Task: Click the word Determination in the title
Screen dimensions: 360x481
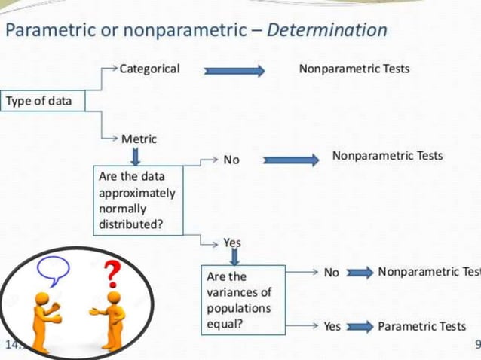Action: pyautogui.click(x=327, y=30)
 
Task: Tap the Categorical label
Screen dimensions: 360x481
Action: pyautogui.click(x=149, y=69)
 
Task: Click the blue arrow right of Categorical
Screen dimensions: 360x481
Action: pyautogui.click(x=234, y=71)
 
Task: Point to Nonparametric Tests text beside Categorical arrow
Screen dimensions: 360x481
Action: pyautogui.click(x=354, y=69)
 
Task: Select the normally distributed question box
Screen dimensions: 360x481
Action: pyautogui.click(x=137, y=200)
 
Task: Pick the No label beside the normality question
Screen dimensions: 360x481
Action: pyautogui.click(x=231, y=160)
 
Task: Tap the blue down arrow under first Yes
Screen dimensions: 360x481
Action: pyautogui.click(x=234, y=257)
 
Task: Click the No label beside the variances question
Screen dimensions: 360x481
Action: pyautogui.click(x=332, y=273)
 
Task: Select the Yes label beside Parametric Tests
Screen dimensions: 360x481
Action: pyautogui.click(x=332, y=327)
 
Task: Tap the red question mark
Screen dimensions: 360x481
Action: pyautogui.click(x=112, y=273)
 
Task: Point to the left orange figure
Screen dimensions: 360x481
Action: pyautogui.click(x=46, y=320)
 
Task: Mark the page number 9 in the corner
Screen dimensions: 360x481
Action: pyautogui.click(x=476, y=346)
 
